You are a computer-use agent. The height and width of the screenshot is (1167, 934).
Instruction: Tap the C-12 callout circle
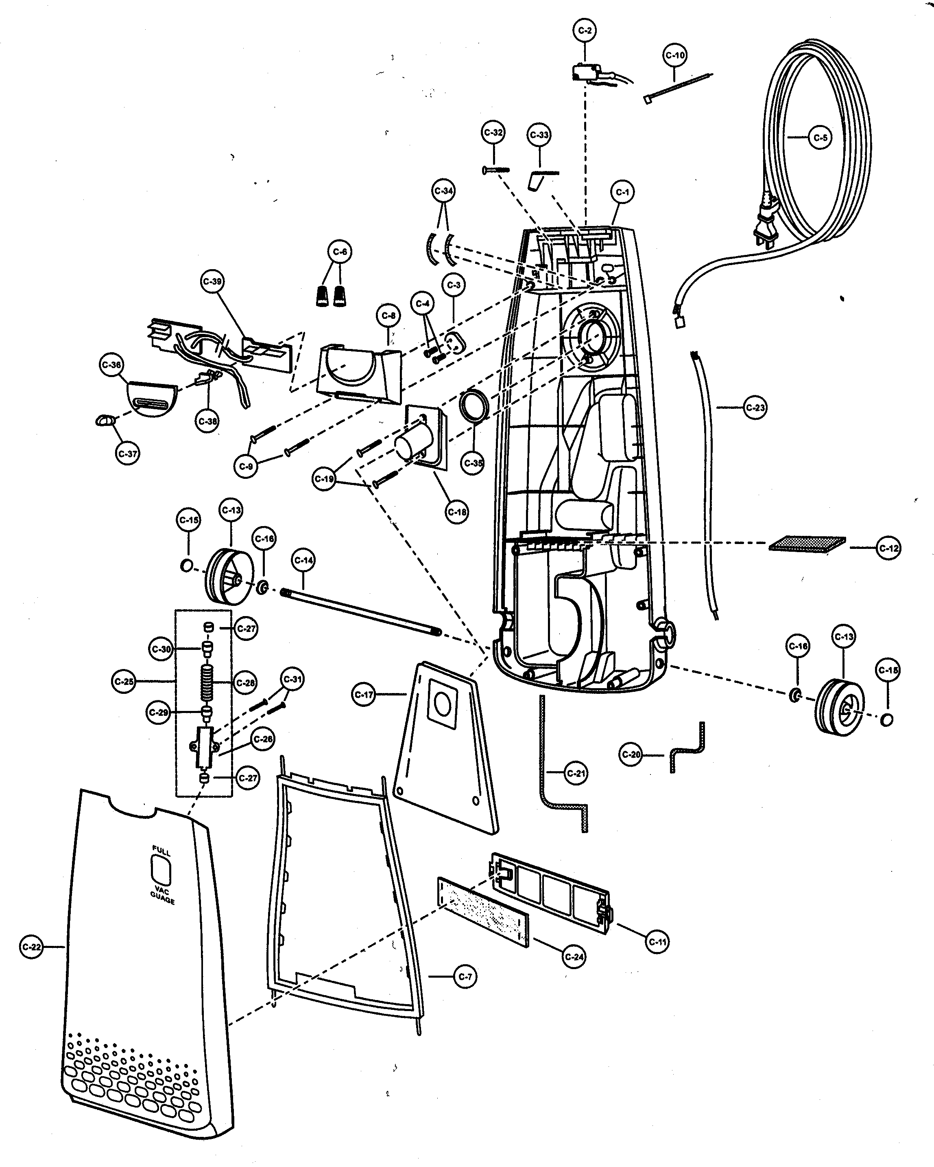(x=888, y=548)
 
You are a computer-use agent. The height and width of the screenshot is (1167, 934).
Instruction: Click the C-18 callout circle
(x=456, y=511)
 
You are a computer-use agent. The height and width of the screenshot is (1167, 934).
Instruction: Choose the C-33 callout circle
(x=539, y=135)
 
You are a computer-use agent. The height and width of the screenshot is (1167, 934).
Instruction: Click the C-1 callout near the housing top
(x=622, y=192)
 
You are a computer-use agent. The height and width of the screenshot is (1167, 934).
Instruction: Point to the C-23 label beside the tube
(x=755, y=407)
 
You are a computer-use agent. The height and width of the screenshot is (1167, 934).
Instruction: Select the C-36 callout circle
(x=112, y=365)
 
